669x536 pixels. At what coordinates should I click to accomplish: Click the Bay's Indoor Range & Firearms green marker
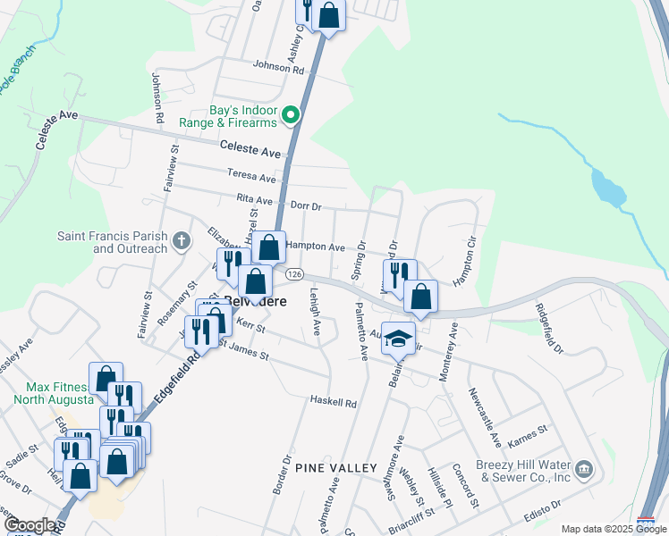[291, 115]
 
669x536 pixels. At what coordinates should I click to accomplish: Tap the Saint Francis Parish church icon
[182, 239]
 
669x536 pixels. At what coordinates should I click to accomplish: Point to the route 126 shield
[296, 273]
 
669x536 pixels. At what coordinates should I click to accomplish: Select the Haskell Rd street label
[333, 403]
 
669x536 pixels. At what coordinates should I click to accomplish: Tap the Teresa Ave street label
[251, 178]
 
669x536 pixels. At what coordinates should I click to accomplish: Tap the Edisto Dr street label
[543, 508]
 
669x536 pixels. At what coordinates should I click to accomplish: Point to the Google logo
[30, 526]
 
